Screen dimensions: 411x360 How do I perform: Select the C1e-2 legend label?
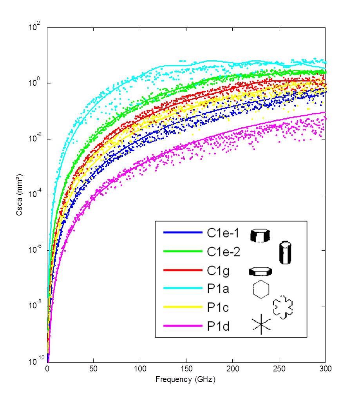[x=223, y=252]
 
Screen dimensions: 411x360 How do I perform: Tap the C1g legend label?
[x=218, y=271]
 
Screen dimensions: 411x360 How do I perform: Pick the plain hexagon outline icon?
[x=261, y=290]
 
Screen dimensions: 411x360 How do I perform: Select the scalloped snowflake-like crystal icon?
[x=283, y=307]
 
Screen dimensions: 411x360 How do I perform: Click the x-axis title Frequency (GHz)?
[x=186, y=379]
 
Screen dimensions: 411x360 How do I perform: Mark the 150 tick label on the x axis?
[x=186, y=369]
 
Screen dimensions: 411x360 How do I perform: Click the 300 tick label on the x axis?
[x=325, y=369]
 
